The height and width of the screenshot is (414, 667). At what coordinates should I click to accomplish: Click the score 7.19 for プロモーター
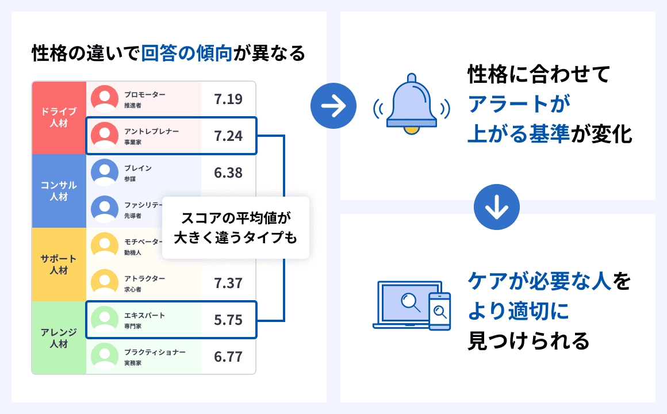coord(228,99)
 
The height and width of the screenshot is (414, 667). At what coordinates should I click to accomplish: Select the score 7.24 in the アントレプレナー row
coord(228,136)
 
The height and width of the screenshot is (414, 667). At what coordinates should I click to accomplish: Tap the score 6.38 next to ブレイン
coord(228,172)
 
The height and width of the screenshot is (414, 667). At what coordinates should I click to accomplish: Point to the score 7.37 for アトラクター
coord(228,283)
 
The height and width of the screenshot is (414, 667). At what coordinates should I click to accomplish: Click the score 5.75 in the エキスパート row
coord(228,320)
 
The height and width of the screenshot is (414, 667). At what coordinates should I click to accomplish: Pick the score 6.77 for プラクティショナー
coord(228,356)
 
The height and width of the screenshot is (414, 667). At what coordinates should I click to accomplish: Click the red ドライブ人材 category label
coord(59,117)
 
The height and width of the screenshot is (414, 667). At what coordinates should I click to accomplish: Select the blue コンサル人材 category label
coord(59,191)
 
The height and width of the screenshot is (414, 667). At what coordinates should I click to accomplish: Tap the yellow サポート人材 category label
coord(59,264)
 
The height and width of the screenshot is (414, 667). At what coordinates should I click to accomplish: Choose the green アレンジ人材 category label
coord(59,338)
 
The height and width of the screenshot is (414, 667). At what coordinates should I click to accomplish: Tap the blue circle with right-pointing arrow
coord(333,105)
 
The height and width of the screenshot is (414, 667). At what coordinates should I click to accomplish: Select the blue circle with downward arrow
coord(497,206)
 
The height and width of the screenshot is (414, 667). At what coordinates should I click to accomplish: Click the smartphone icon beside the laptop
coord(440,311)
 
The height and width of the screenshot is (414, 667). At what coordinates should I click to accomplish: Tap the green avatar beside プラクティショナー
coord(105,356)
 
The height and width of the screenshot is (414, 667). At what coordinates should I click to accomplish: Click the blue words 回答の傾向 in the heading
coord(187,54)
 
